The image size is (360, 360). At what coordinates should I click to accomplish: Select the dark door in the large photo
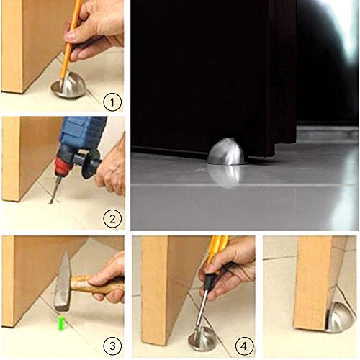(209, 72)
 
